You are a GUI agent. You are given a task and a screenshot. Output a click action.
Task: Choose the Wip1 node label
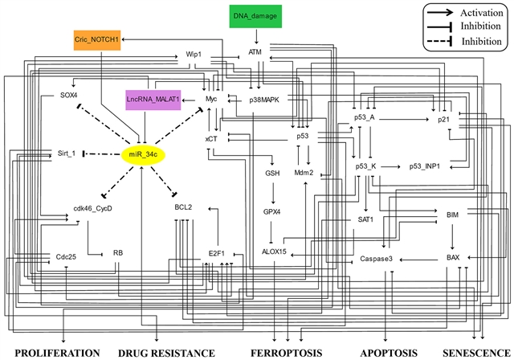[193, 55]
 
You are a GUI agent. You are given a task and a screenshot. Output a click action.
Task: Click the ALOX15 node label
[275, 255]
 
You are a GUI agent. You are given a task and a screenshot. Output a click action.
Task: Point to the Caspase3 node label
[375, 260]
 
